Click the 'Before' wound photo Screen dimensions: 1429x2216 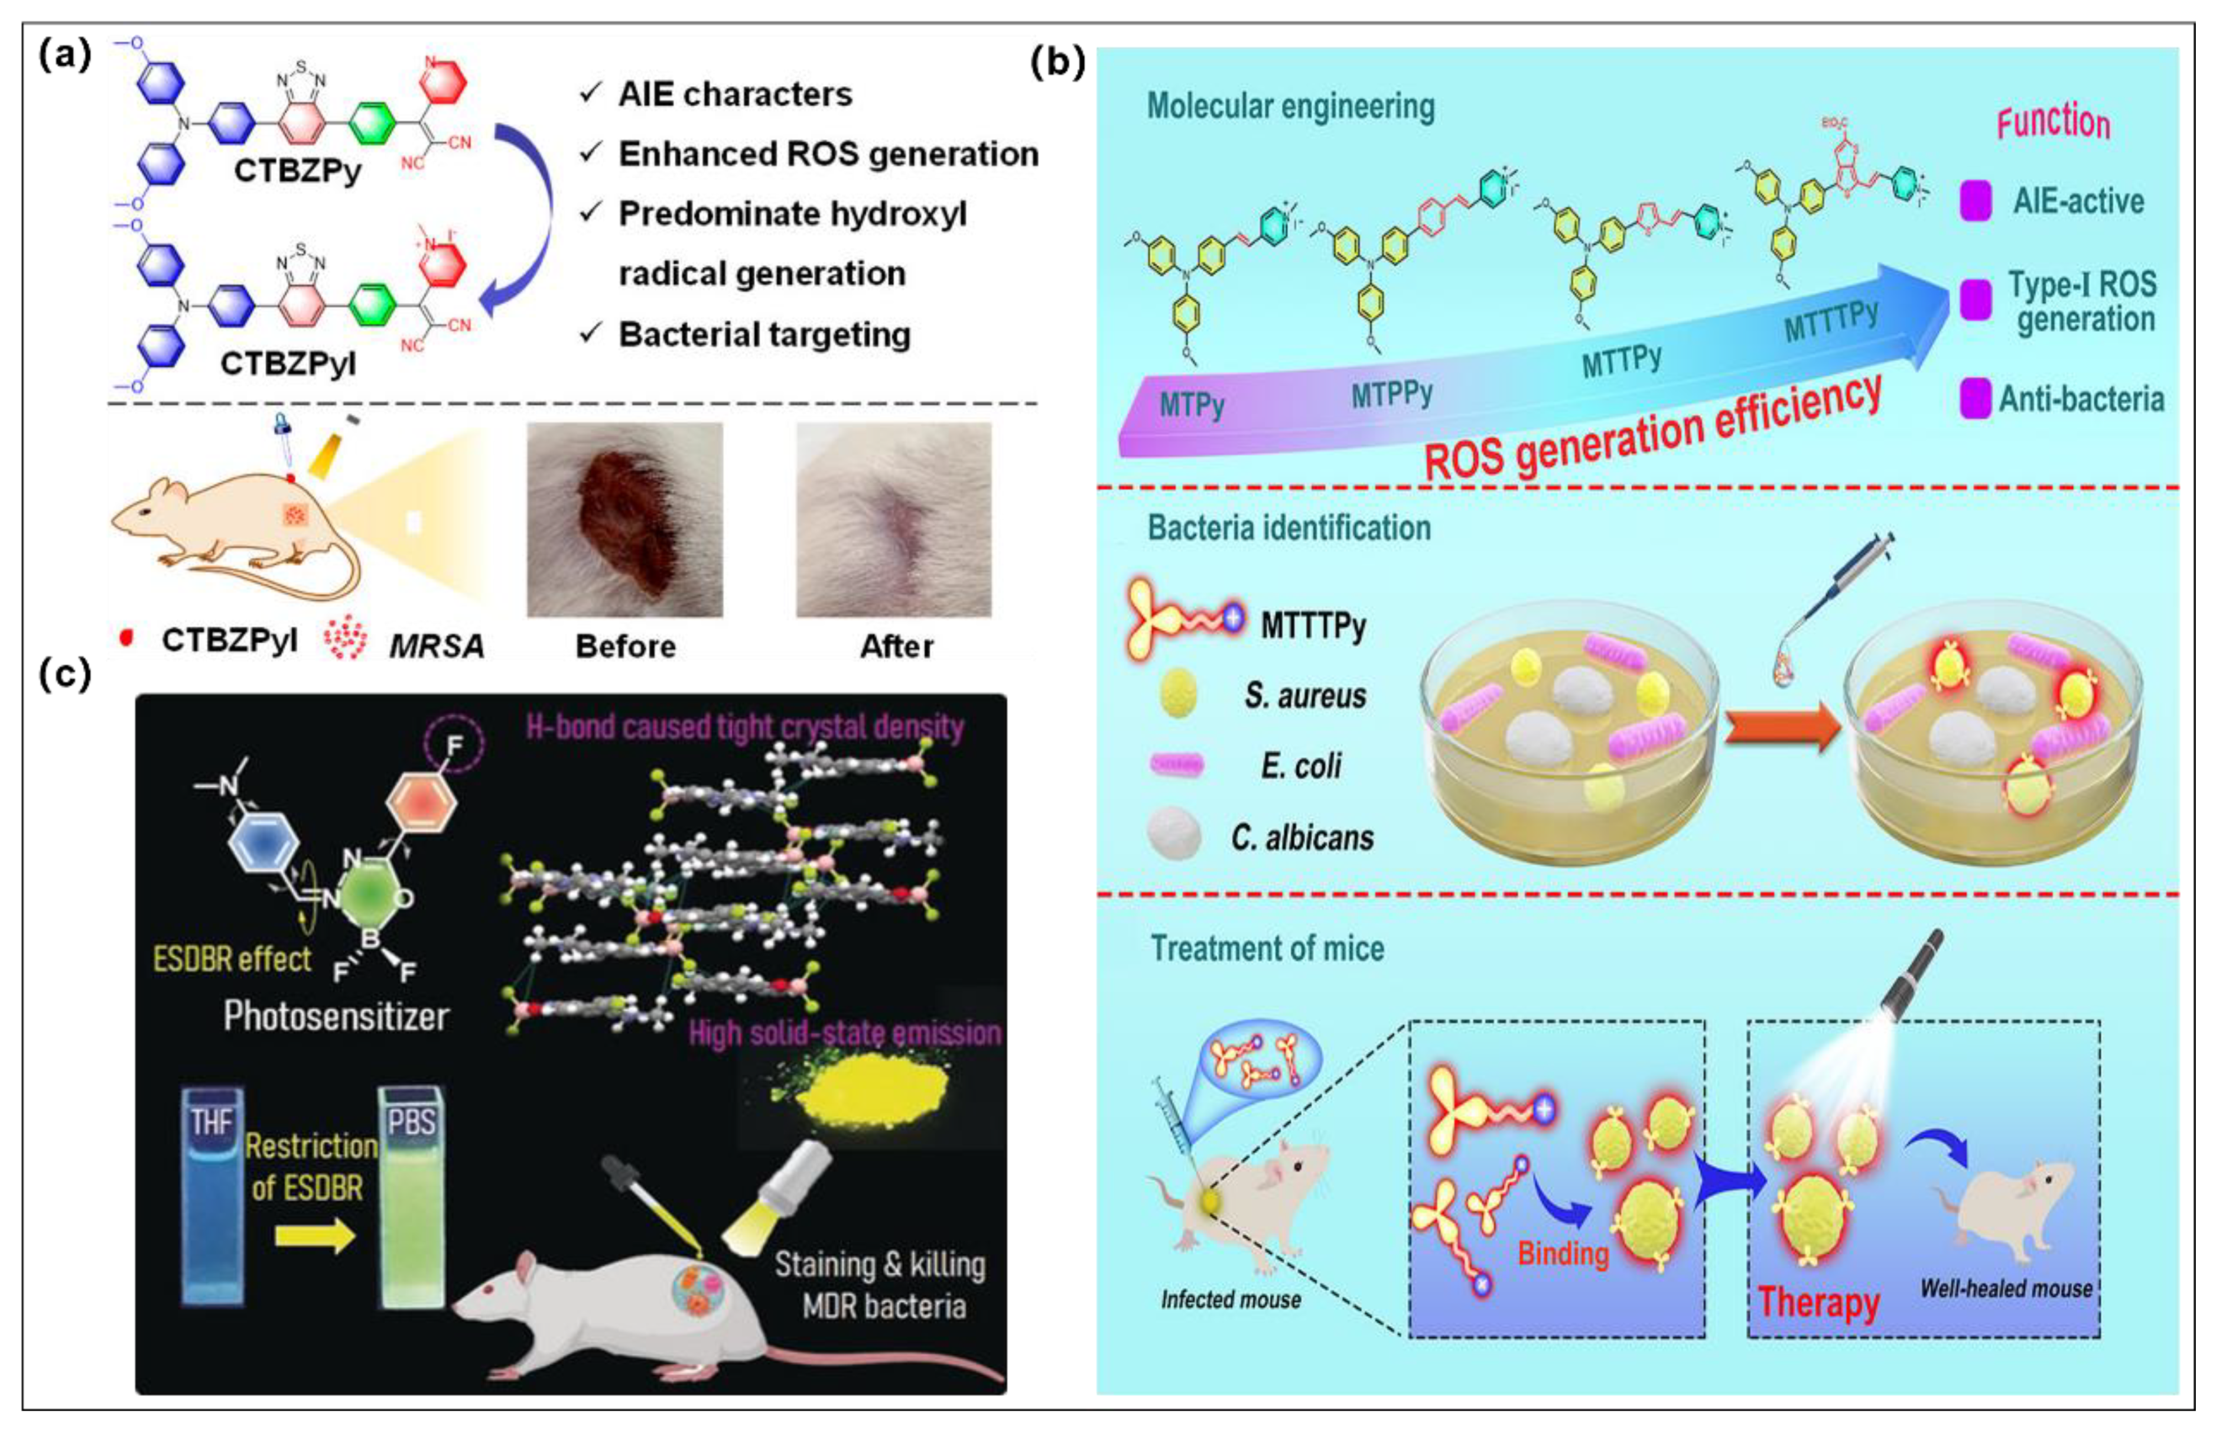click(x=624, y=520)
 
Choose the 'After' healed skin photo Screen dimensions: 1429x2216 click(x=894, y=520)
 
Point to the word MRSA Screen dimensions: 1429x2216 click(x=436, y=646)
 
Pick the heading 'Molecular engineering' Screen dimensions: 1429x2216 click(x=1290, y=107)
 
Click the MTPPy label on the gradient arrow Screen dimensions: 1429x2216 click(x=1391, y=395)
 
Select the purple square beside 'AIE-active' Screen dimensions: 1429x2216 click(x=1975, y=201)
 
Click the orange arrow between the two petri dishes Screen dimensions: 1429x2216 click(x=1780, y=727)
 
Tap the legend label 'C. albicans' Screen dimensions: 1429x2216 click(x=1301, y=838)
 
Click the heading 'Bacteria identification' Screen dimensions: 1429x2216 click(x=1289, y=528)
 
